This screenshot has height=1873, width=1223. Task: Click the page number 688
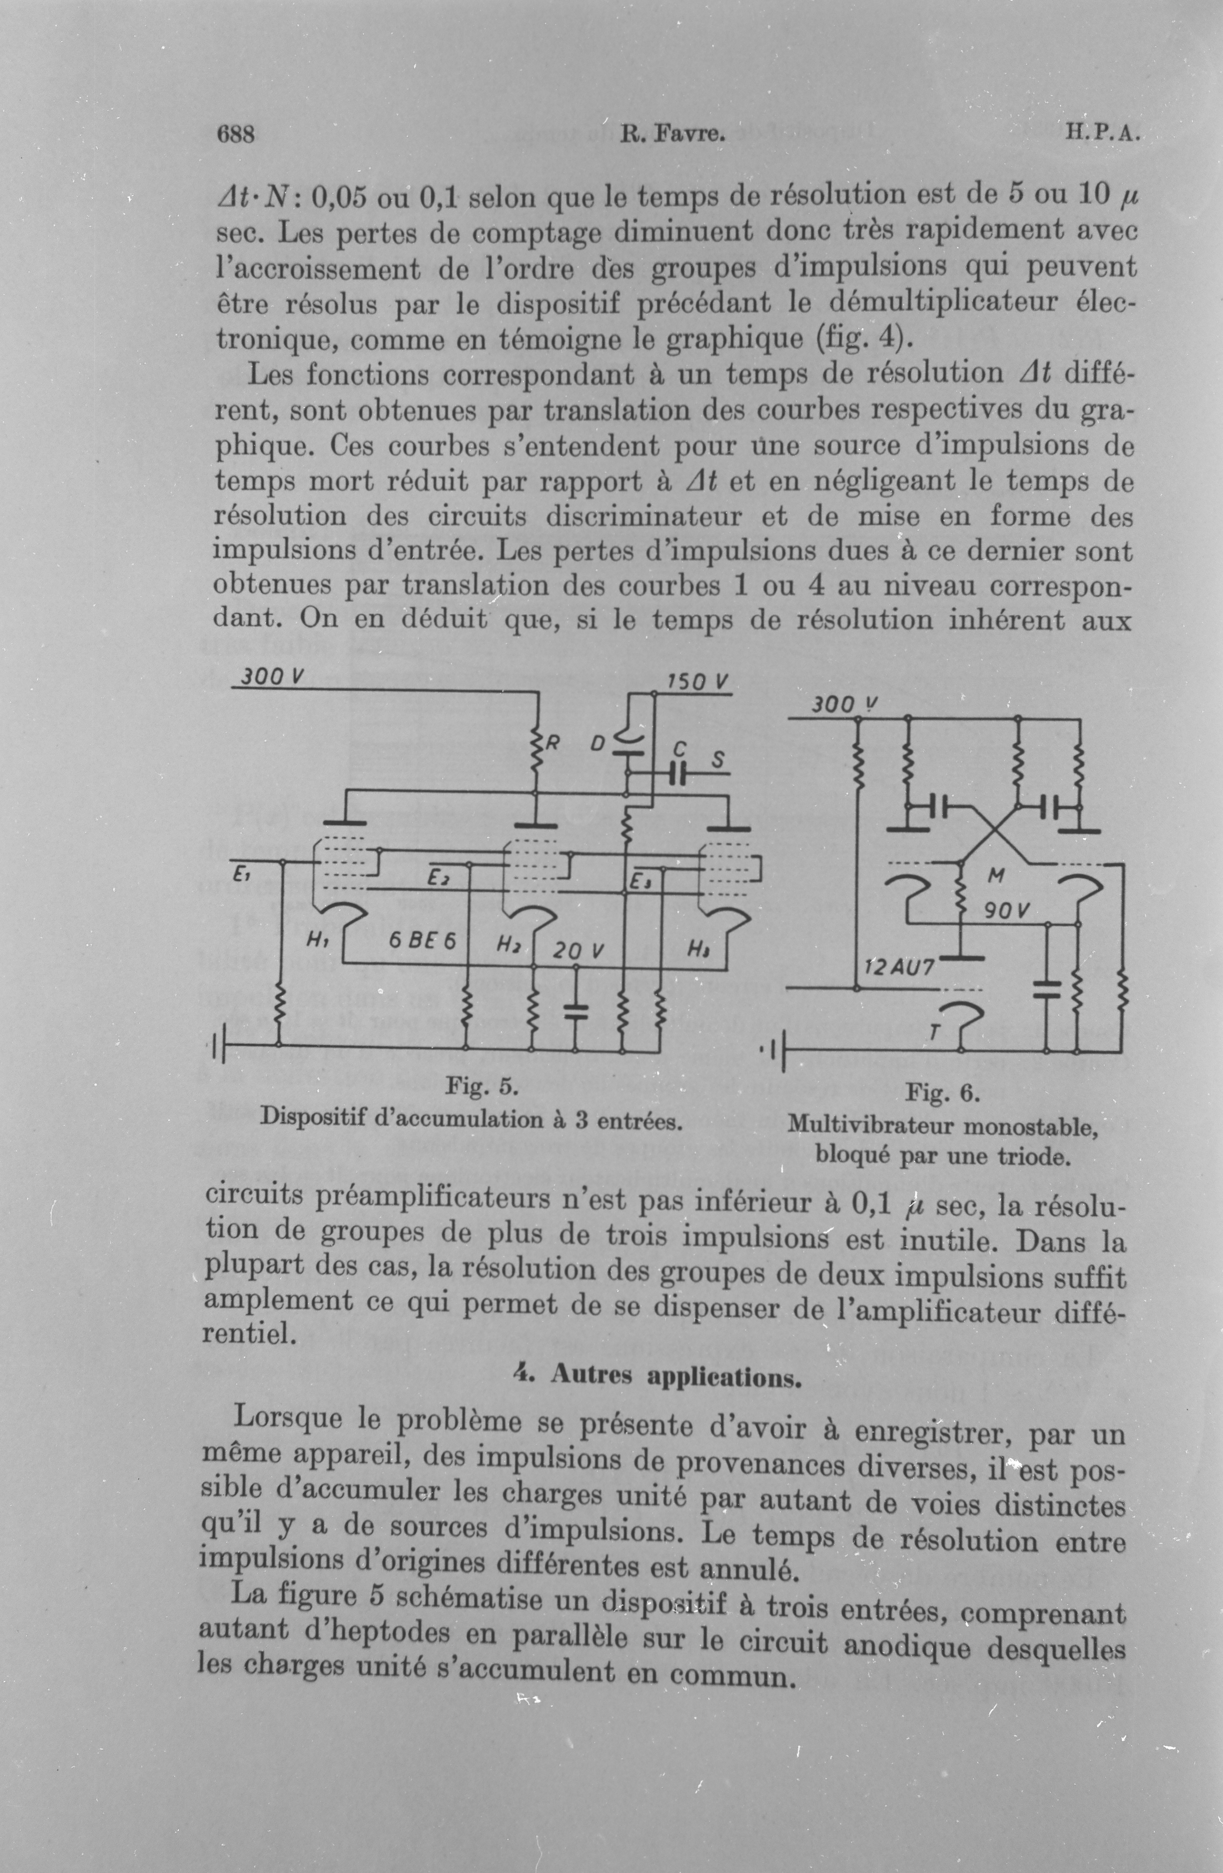coord(235,134)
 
